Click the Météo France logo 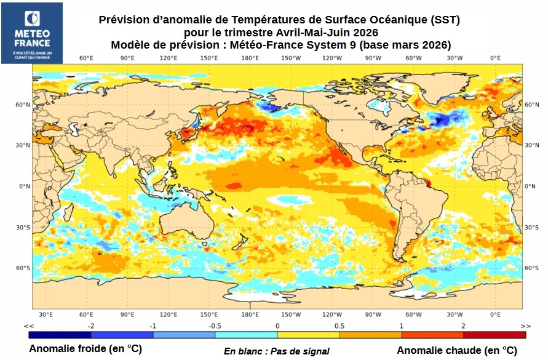point(32,33)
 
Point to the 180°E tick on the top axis point(250,58)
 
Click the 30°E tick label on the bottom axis point(46,314)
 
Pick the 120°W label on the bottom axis point(332,314)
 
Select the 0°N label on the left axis point(23,186)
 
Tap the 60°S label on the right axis point(533,268)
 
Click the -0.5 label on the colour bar point(215,326)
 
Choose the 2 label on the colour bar point(464,326)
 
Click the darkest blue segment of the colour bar point(60,335)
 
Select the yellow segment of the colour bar point(308,335)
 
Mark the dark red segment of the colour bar point(494,335)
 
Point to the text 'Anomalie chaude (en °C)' point(457,350)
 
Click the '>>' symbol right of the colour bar point(525,326)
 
